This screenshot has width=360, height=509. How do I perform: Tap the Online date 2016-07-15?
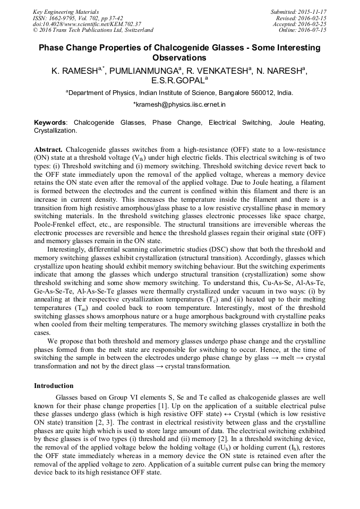[314, 30]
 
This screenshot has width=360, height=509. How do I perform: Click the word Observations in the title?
[179, 57]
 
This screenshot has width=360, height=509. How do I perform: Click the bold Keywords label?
[51, 123]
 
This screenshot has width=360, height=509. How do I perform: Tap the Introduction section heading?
[54, 385]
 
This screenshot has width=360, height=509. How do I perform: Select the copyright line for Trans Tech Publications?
[93, 30]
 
